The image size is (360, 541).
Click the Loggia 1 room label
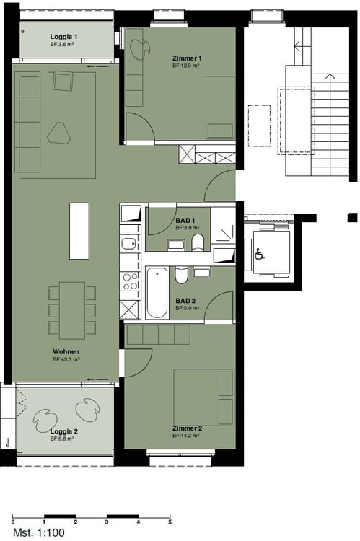coord(64,36)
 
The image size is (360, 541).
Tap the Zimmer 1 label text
coord(187,58)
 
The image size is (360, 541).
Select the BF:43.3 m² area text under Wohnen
coord(65,359)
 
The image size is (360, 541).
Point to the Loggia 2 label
coord(64,431)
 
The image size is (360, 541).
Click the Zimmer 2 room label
coord(187,428)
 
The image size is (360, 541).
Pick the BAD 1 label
coord(185,220)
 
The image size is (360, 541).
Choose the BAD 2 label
coord(185,302)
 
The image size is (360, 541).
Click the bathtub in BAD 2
coord(157,293)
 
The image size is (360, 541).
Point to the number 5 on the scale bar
coord(170,522)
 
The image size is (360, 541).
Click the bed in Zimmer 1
coord(219,107)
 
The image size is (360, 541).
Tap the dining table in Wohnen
coord(71,309)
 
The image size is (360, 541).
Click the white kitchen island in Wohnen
coord(79,231)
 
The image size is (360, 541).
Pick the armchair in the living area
coord(63,81)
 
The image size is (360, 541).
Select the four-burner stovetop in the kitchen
coord(130,281)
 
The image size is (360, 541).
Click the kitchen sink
coord(129,244)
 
